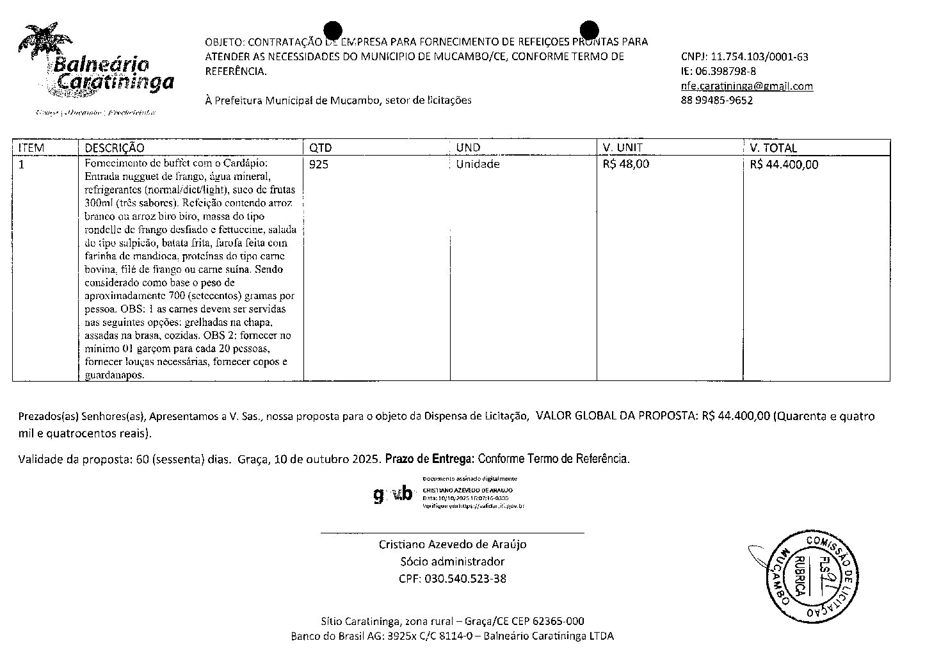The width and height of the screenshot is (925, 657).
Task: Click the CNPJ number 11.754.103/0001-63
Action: [x=759, y=57]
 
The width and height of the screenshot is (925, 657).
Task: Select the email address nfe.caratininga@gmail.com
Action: [x=746, y=86]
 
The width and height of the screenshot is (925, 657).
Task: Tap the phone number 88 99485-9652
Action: [x=716, y=101]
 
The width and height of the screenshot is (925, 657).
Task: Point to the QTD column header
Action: [x=321, y=148]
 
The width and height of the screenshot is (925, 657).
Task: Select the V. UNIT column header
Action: [x=622, y=148]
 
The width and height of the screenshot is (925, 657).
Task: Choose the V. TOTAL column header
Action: [x=773, y=148]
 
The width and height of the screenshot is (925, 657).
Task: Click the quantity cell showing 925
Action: [x=318, y=165]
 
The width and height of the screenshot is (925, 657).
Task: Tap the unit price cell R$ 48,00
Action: [x=625, y=165]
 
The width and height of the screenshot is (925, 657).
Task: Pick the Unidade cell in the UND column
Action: [x=478, y=165]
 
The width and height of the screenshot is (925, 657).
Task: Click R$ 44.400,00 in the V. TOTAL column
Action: [x=784, y=165]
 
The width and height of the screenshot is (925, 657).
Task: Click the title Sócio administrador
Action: [x=452, y=562]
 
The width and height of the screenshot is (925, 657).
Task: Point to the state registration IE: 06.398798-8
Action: [x=718, y=71]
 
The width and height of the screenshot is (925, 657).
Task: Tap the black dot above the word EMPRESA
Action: [x=333, y=30]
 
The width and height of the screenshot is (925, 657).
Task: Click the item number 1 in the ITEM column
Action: [x=22, y=165]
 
